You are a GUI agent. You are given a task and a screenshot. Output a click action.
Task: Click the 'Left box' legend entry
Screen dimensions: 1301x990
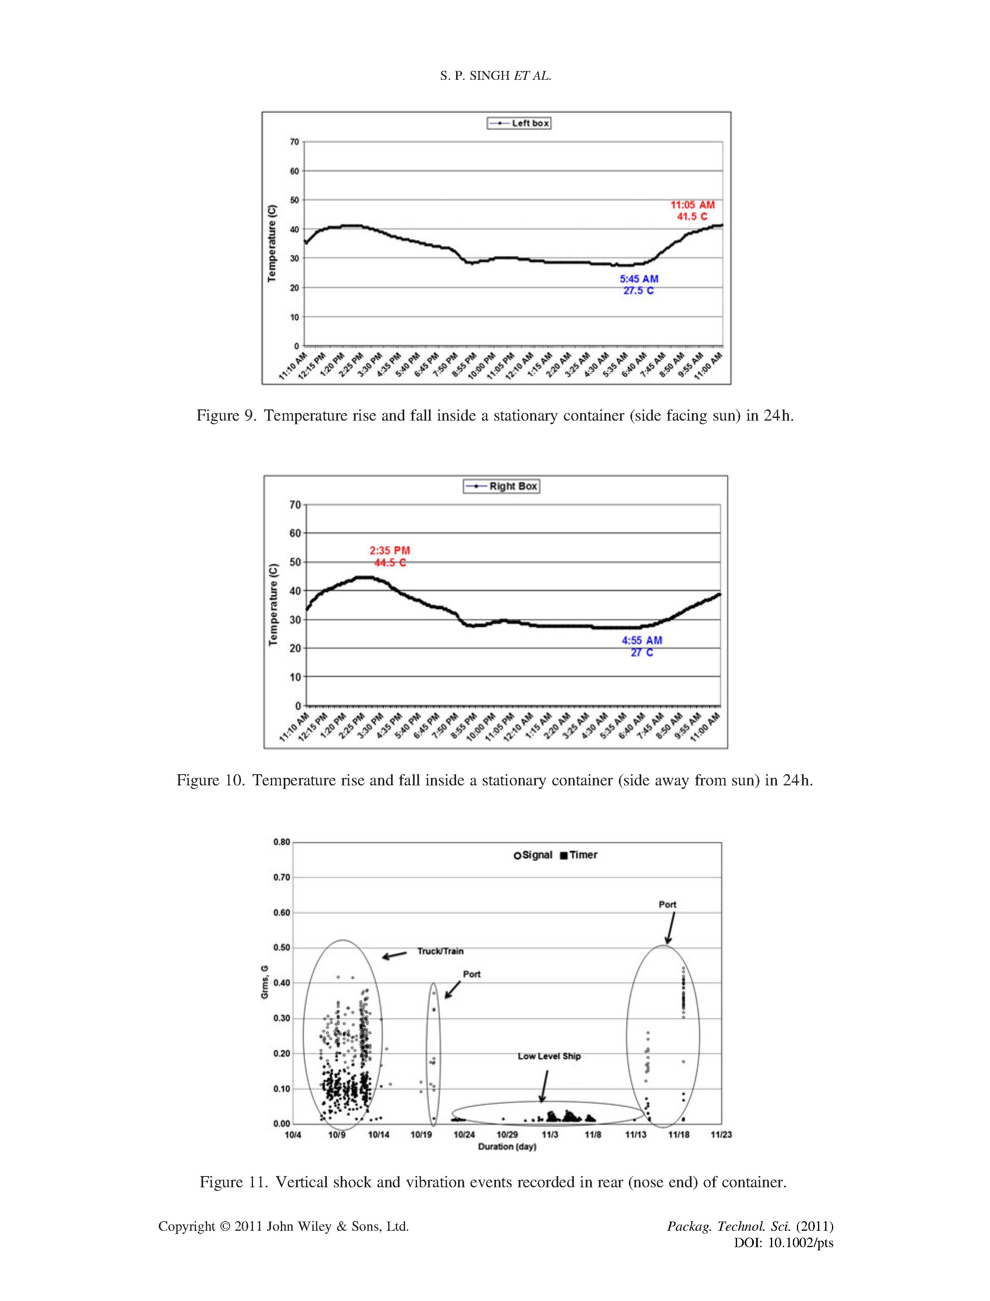tap(519, 123)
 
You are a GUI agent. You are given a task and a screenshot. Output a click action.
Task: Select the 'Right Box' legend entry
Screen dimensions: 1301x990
tap(502, 486)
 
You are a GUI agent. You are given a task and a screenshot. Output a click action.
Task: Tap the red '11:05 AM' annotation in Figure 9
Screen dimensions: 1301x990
tap(692, 205)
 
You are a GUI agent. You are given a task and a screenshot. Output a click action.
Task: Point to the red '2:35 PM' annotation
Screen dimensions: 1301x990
tap(389, 550)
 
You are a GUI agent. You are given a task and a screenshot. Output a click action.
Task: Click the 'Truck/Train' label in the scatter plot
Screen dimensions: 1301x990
tap(440, 951)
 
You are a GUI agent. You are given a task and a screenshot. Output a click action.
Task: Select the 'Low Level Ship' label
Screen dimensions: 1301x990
tap(549, 1056)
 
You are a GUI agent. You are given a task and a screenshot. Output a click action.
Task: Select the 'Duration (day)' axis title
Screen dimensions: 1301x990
tap(507, 1147)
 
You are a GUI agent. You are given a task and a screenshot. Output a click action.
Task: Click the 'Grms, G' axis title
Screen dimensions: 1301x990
tap(265, 982)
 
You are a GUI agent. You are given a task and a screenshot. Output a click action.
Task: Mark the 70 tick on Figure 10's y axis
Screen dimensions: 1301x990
tap(294, 505)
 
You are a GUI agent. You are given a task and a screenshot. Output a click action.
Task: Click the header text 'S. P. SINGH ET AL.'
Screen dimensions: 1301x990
tap(495, 75)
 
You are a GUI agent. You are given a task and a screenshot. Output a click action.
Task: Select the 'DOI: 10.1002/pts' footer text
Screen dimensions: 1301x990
tap(783, 1243)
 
